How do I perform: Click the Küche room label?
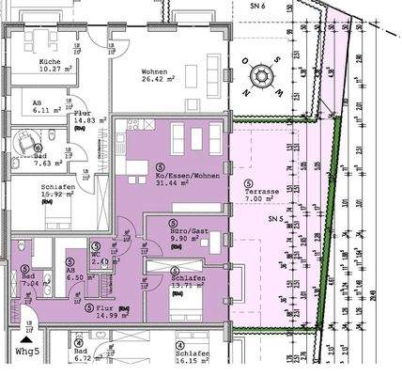(x=51, y=59)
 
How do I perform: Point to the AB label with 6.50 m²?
(x=71, y=266)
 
